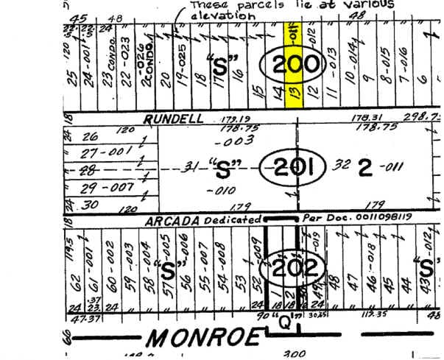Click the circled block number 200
point(294,65)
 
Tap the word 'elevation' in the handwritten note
point(219,15)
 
